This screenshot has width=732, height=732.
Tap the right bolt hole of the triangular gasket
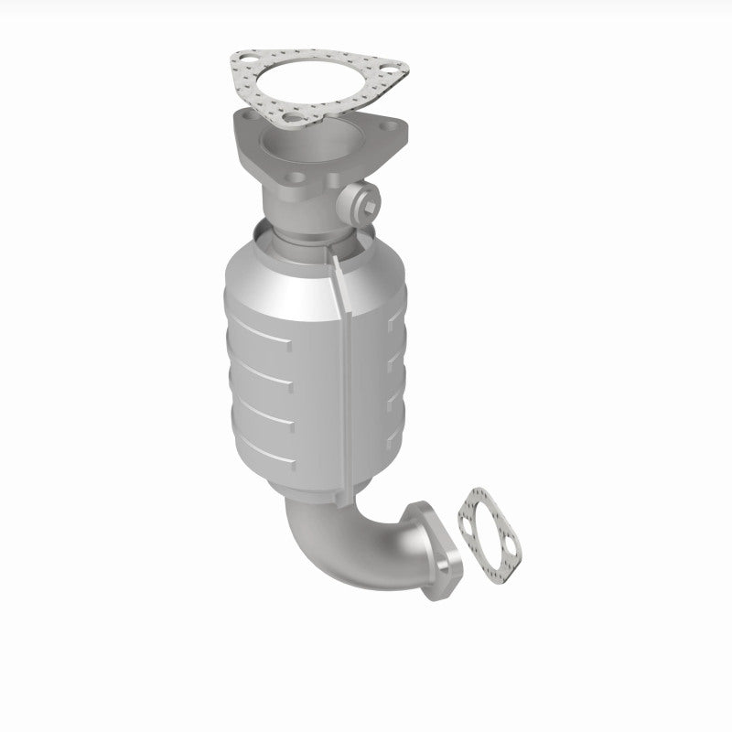click(393, 66)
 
